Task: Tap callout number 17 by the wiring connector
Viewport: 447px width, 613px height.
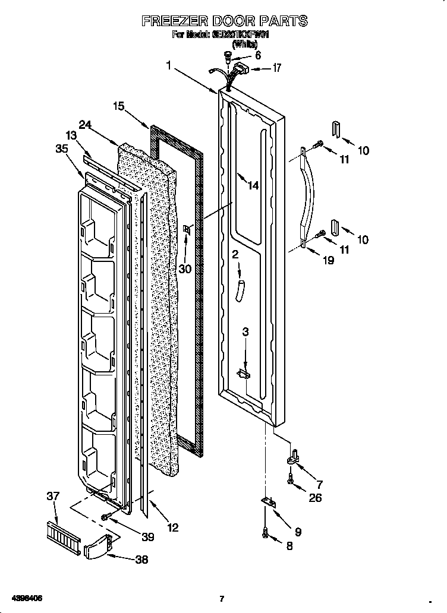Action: point(276,68)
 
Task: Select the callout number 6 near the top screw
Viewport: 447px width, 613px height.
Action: point(257,56)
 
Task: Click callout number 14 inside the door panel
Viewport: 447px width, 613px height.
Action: point(253,186)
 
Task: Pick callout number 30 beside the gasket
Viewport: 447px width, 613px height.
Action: point(185,268)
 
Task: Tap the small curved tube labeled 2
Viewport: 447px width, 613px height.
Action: point(240,292)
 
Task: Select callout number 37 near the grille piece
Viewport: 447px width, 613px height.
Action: point(53,496)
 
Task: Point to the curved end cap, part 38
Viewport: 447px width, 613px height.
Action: point(97,548)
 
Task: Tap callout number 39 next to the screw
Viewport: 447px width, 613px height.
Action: point(147,537)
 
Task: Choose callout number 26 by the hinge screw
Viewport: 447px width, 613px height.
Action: point(315,498)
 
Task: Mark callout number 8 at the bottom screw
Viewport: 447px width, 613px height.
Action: point(289,546)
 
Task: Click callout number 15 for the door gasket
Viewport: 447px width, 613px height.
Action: point(119,106)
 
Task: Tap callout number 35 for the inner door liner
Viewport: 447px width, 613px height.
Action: point(62,149)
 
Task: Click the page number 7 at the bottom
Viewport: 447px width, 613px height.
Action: point(221,599)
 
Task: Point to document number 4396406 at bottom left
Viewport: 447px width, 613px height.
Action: point(25,598)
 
